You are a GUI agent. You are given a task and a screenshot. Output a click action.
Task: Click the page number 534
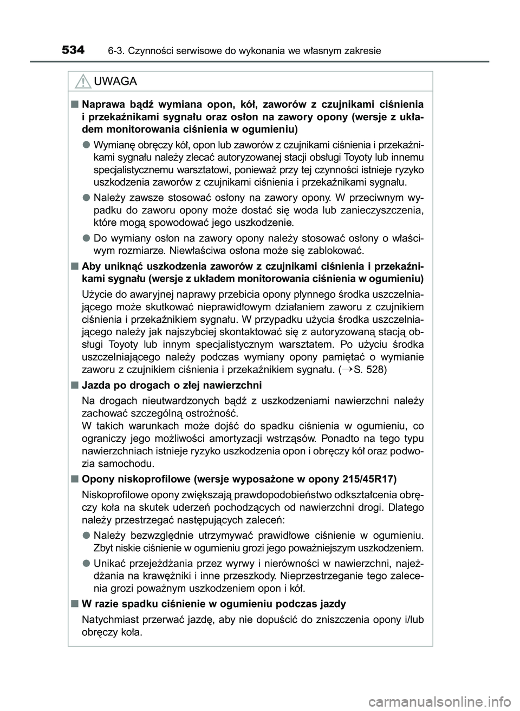pos(73,50)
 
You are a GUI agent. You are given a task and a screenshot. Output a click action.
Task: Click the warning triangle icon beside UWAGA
pos(82,82)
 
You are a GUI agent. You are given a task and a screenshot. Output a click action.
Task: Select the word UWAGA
pos(115,82)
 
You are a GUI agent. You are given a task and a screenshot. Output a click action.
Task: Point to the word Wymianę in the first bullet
pos(112,146)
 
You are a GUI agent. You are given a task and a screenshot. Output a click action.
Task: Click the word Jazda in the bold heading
pos(94,386)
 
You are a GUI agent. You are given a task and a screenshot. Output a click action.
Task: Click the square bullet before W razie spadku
pos(73,604)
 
